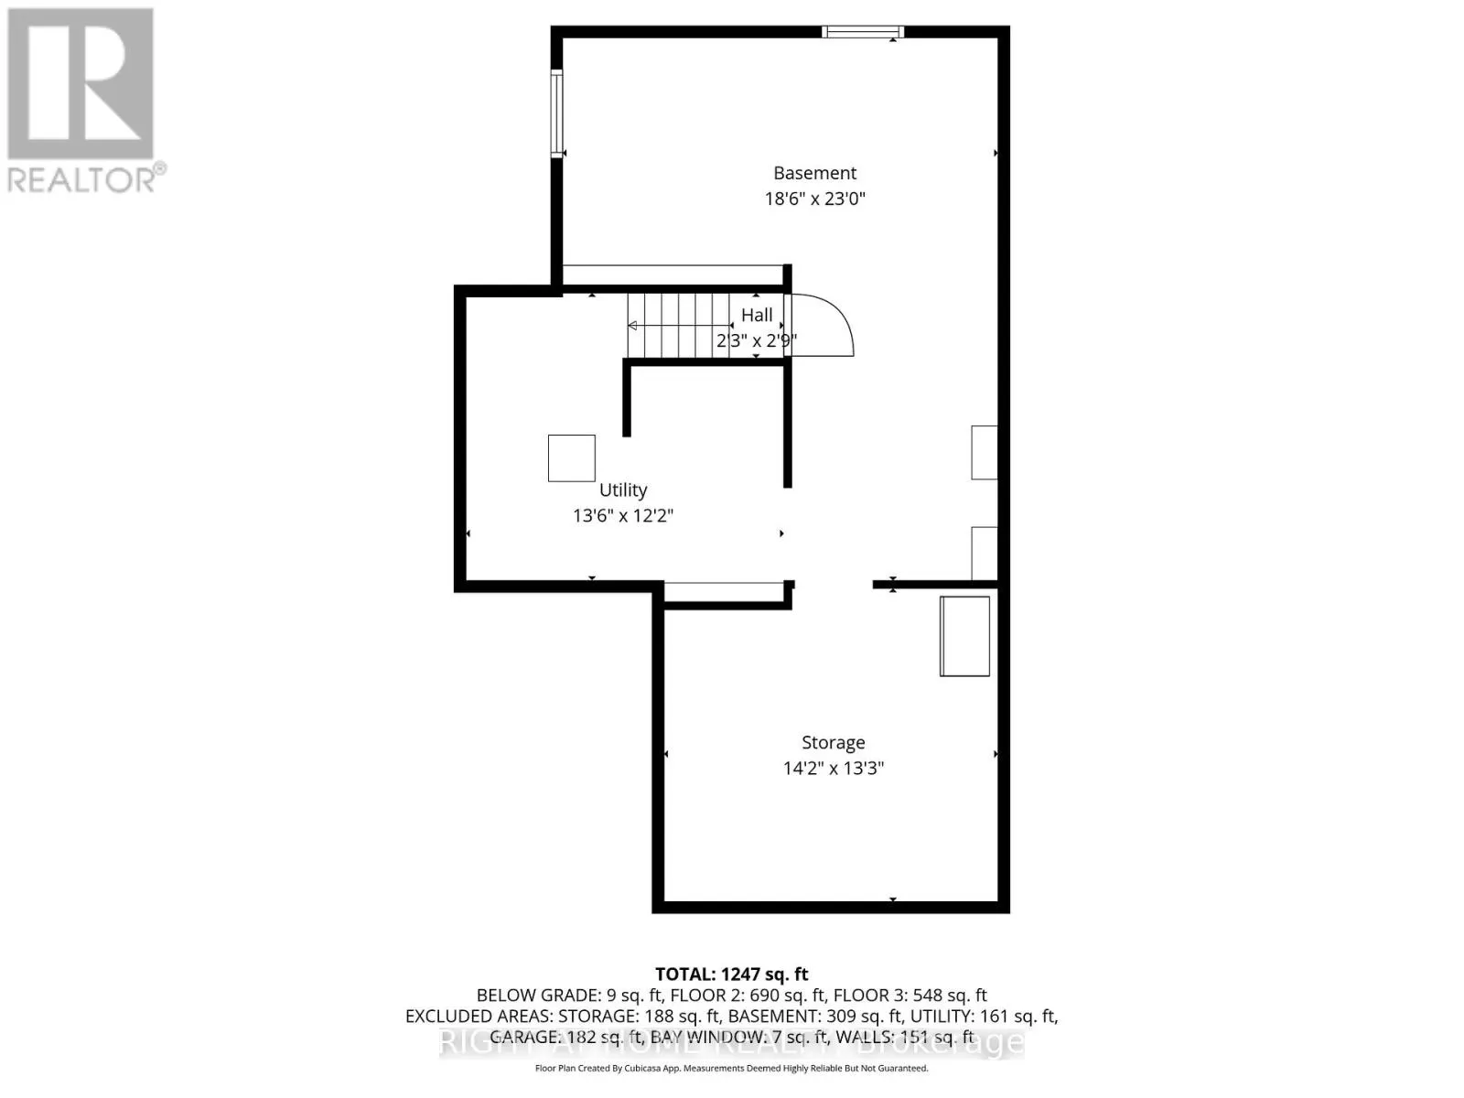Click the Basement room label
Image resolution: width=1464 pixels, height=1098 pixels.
coord(814,173)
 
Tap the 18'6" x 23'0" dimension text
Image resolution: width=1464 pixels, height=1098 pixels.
coord(814,199)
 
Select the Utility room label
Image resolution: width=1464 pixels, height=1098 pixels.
coord(623,490)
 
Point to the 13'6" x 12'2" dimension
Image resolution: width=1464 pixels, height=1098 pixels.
coord(623,516)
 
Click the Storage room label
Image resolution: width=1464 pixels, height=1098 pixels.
coord(833,743)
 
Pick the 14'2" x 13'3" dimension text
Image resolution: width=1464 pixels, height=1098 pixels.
coord(833,769)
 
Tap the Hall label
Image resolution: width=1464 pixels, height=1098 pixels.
coord(757,316)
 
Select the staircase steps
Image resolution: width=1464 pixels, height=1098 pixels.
coord(677,326)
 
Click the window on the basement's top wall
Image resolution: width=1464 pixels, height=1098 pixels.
coord(862,32)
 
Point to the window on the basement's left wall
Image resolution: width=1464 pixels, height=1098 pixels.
coord(556,114)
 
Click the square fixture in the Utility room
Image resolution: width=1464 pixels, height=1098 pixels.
coord(572,458)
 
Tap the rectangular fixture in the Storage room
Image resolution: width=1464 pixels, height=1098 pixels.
coord(964,636)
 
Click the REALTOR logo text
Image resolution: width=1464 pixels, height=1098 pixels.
coord(87,178)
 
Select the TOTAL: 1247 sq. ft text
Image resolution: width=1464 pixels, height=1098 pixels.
coord(731,974)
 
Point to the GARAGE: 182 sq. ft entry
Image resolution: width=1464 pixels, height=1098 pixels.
coord(546,1038)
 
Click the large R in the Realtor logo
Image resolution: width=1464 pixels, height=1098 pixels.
coord(81,82)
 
